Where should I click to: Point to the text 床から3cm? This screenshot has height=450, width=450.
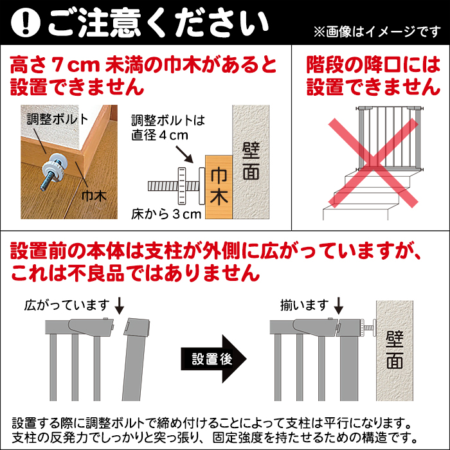166,213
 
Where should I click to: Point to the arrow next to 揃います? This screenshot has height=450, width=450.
339,304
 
